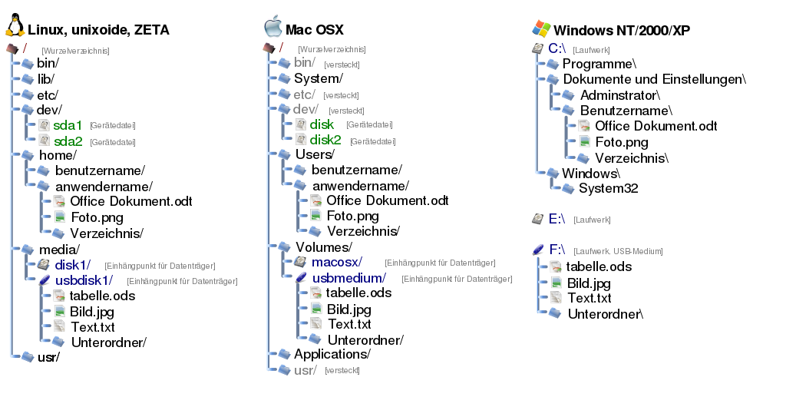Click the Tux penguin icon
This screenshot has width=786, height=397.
[15, 26]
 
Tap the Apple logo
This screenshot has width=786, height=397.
[272, 26]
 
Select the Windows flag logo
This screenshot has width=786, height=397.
[541, 28]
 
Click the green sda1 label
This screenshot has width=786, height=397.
[68, 124]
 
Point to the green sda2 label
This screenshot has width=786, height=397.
[68, 141]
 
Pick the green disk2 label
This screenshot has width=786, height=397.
[325, 140]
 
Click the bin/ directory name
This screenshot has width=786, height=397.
[305, 62]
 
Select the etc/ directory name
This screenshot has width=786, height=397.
[305, 94]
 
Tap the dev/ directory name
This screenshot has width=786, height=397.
[305, 110]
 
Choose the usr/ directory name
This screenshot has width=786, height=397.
[305, 370]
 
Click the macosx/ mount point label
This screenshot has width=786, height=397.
[338, 262]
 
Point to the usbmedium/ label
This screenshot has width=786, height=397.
[349, 278]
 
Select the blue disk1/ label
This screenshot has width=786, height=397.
[74, 265]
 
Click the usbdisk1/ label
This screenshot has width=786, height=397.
[84, 280]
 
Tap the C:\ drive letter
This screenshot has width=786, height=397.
[557, 48]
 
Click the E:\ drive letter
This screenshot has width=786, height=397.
[557, 219]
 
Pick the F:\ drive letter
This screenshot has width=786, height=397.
[557, 250]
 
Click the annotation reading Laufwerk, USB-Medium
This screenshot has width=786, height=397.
[618, 251]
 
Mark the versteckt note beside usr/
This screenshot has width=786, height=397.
[342, 371]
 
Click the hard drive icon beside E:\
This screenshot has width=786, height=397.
[538, 219]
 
